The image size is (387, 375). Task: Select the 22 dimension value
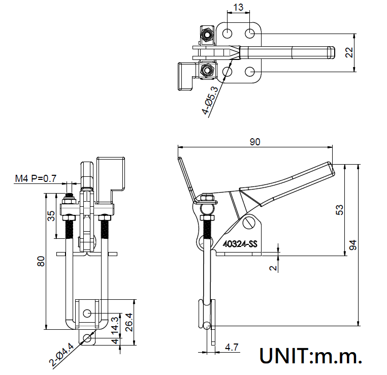click(348, 52)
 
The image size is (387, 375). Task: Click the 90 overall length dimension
click(255, 142)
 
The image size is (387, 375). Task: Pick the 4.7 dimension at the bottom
click(232, 348)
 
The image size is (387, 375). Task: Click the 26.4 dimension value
click(129, 321)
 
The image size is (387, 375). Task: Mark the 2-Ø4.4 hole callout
click(62, 355)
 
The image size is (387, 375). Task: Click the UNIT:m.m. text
click(311, 356)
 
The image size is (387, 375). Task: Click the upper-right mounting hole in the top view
click(250, 34)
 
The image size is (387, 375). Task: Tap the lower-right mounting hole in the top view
click(250, 71)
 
